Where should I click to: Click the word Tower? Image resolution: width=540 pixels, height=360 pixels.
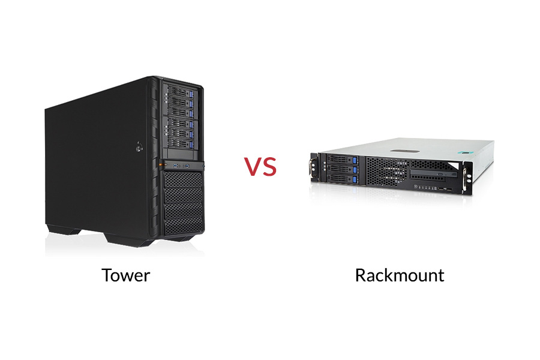point(125,275)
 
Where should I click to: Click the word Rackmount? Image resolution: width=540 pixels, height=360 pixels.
point(399,275)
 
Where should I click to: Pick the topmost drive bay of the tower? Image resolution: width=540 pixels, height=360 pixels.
point(178,92)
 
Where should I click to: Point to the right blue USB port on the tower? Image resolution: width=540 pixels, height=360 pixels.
point(187,164)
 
